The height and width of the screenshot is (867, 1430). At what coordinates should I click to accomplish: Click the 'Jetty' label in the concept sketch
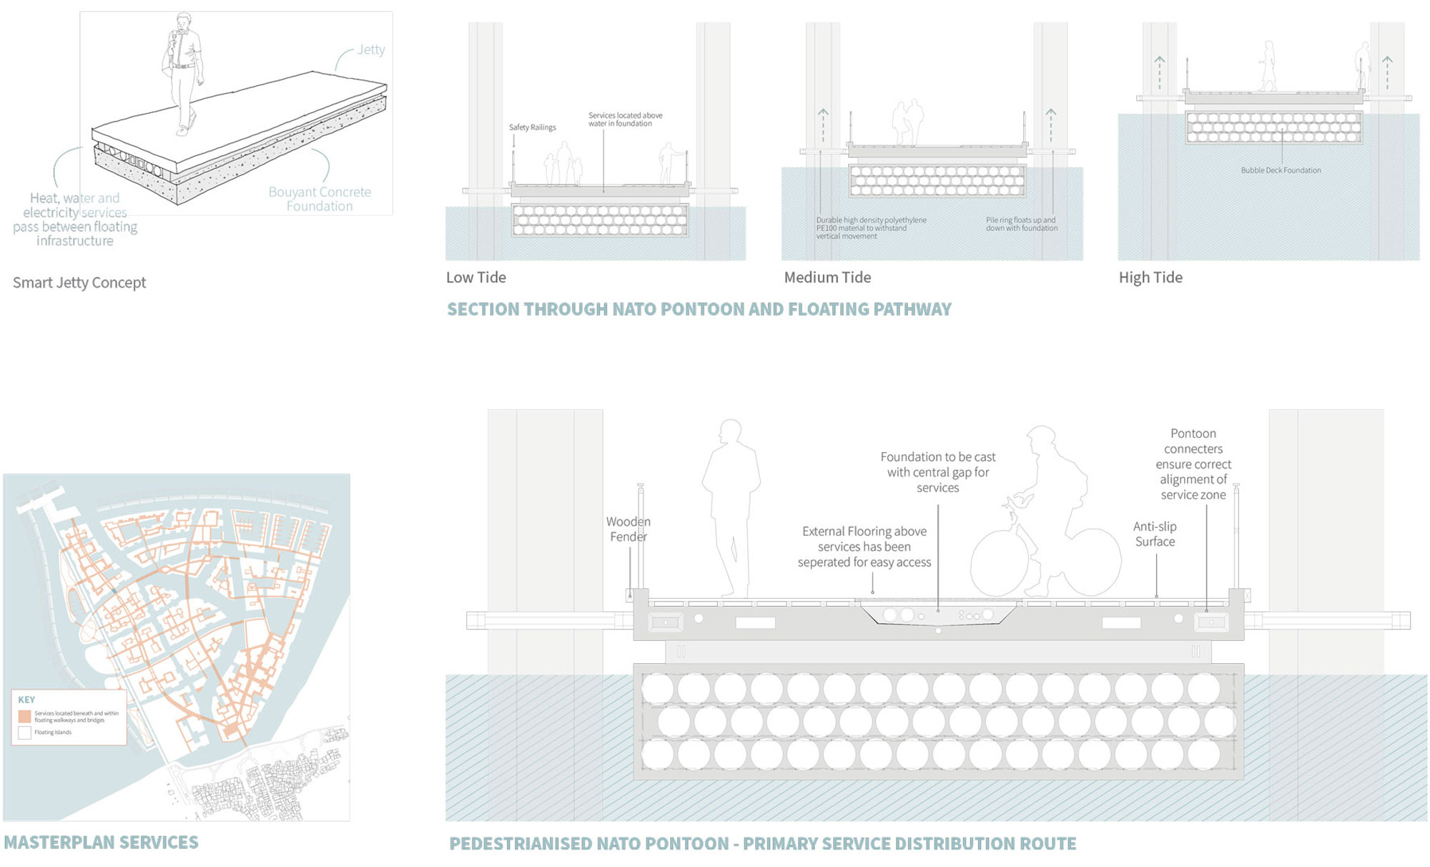tap(371, 49)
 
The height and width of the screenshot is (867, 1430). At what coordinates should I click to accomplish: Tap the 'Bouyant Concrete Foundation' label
tap(320, 199)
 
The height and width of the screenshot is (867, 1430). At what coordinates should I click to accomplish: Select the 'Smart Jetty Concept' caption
tap(79, 283)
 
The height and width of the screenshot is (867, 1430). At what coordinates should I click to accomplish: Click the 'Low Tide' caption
tap(476, 278)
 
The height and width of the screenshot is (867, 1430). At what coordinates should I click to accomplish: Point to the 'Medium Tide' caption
tap(827, 278)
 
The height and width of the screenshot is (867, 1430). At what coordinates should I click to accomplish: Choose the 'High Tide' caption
tap(1150, 278)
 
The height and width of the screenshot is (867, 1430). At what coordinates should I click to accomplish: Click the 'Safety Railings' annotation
tap(532, 127)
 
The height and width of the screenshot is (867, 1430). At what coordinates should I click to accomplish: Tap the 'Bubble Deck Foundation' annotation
tap(1281, 170)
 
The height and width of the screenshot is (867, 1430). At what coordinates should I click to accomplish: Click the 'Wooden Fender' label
tap(628, 529)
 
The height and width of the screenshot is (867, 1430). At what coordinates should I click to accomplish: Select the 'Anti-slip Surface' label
tap(1155, 534)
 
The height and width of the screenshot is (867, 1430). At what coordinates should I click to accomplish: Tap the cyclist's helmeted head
tap(1041, 438)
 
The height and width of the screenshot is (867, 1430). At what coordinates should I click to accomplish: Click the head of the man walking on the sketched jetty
tap(184, 19)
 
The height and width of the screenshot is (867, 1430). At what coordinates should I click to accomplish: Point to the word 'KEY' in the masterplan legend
tap(26, 700)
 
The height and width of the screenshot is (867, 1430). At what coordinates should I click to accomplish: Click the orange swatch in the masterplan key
tap(25, 716)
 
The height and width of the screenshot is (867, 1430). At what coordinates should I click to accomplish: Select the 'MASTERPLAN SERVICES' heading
tap(101, 843)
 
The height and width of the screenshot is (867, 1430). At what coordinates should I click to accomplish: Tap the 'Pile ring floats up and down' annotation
tap(1021, 224)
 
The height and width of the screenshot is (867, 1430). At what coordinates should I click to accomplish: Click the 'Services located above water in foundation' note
tap(625, 119)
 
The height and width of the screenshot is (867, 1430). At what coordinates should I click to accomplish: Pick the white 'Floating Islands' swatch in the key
tap(25, 733)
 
